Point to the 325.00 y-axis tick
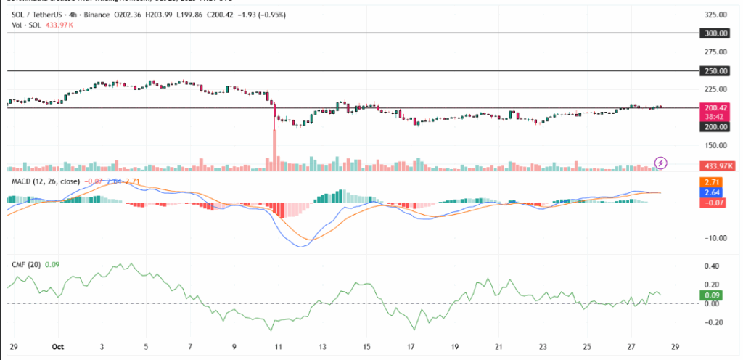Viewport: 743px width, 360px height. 716,15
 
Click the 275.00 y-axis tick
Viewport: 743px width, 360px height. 716,52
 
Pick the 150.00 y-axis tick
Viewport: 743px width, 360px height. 716,145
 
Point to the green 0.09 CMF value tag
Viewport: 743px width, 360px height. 710,295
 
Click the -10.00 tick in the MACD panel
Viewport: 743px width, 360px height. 715,238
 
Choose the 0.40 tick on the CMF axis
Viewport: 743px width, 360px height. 713,266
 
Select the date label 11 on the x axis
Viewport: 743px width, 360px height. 279,348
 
